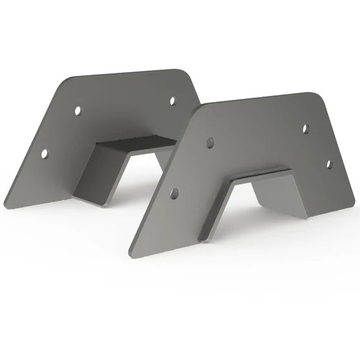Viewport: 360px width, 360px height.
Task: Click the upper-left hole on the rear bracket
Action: [x=77, y=110]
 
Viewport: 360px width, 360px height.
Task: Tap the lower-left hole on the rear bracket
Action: [x=45, y=153]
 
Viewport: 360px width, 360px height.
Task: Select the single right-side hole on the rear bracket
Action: [x=173, y=101]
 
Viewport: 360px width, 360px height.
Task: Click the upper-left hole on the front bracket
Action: [x=211, y=143]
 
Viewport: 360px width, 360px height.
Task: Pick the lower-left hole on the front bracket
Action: [x=175, y=193]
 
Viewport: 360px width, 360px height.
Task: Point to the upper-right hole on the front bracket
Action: [x=306, y=128]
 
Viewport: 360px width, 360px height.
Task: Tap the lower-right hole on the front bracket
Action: [x=329, y=164]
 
